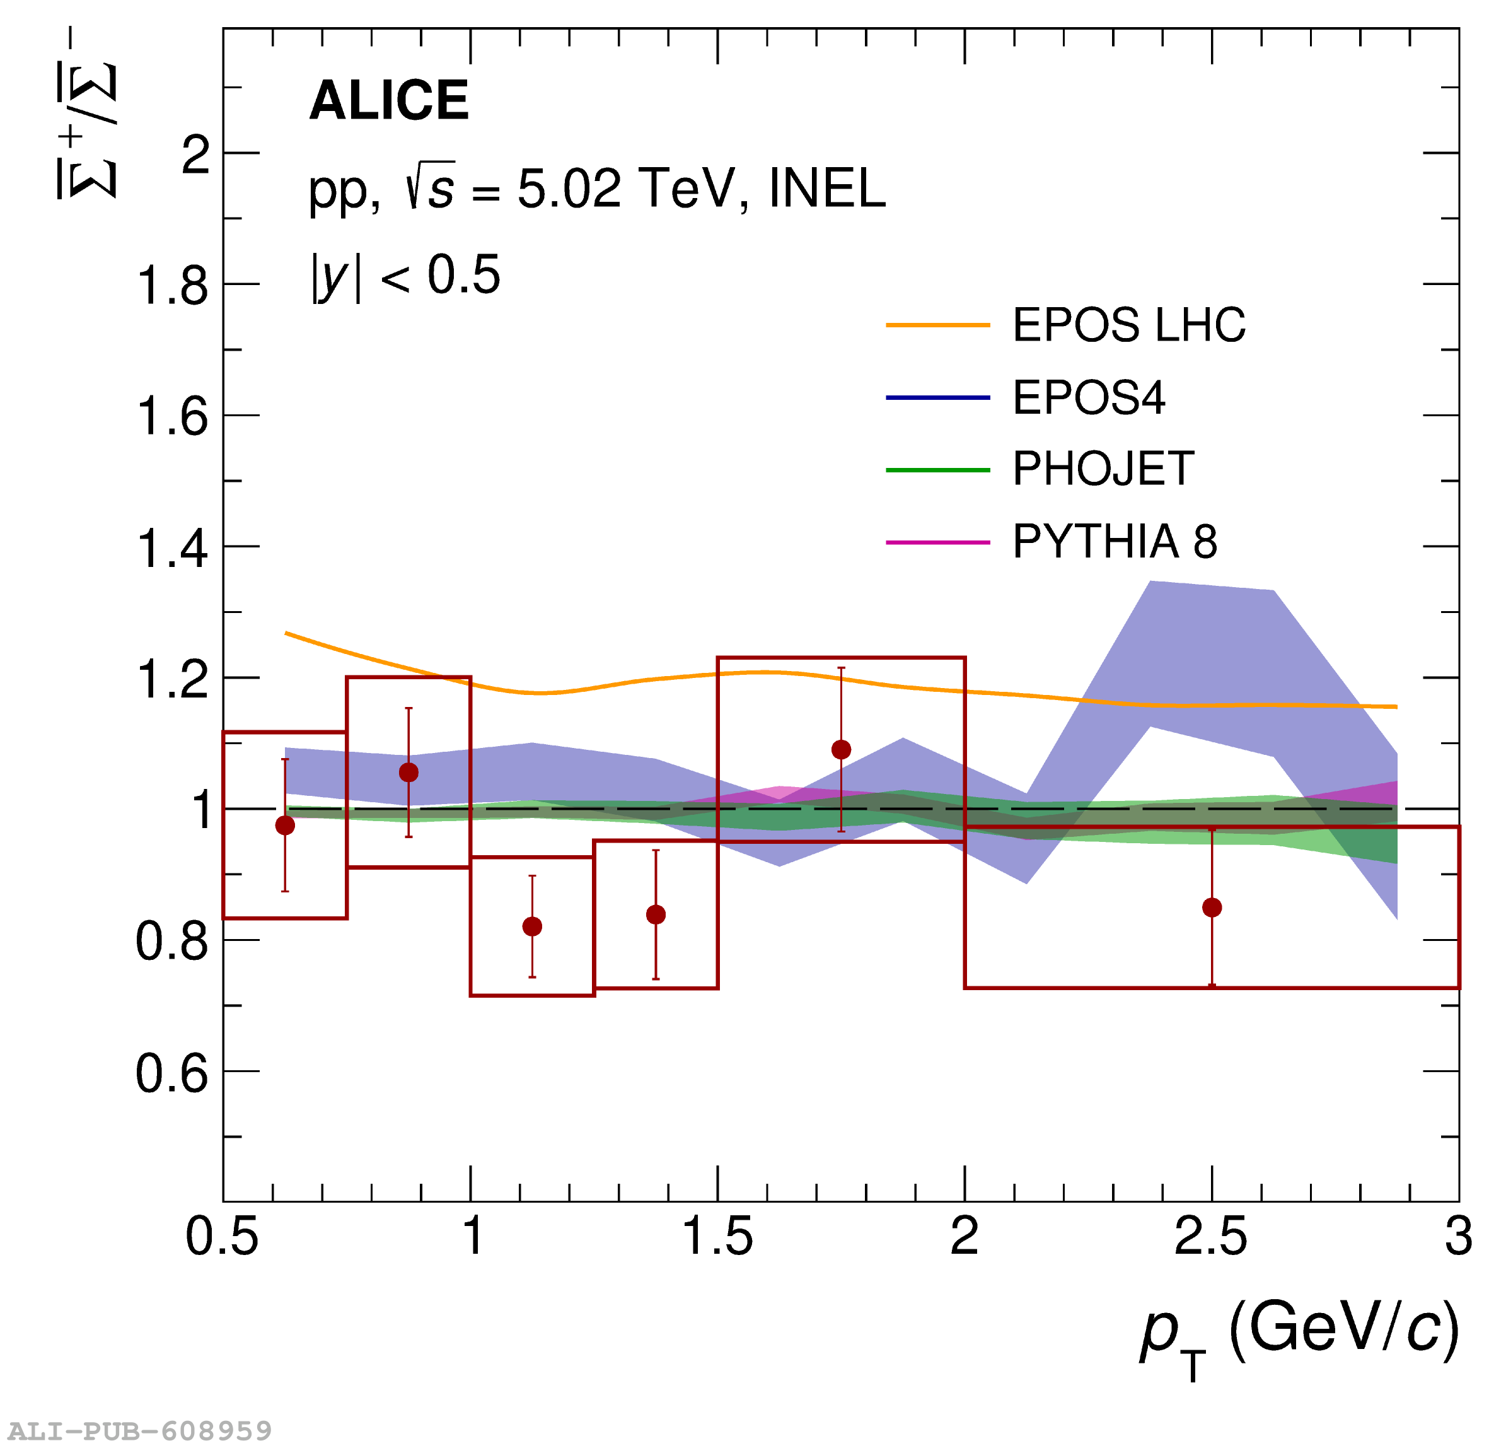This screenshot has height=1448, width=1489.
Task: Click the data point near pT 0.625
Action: (285, 826)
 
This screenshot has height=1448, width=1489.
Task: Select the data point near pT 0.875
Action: (409, 773)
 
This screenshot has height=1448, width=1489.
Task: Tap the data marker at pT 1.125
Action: (533, 927)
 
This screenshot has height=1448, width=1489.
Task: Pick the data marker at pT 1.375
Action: (657, 915)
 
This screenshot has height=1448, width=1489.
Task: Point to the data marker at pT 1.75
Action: (842, 750)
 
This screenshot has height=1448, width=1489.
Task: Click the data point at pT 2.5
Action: (1212, 908)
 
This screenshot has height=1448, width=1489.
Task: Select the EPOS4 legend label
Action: (1089, 398)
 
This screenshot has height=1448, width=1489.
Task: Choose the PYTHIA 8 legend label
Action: (1115, 542)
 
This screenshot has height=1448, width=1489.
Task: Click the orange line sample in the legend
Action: (938, 325)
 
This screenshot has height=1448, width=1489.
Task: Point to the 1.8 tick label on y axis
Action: (171, 287)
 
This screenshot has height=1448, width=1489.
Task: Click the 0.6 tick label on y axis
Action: (171, 1075)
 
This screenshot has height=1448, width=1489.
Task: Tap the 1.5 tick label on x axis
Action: (717, 1237)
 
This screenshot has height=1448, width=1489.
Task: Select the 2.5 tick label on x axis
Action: (1212, 1237)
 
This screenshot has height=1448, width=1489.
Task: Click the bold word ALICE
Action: (389, 100)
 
